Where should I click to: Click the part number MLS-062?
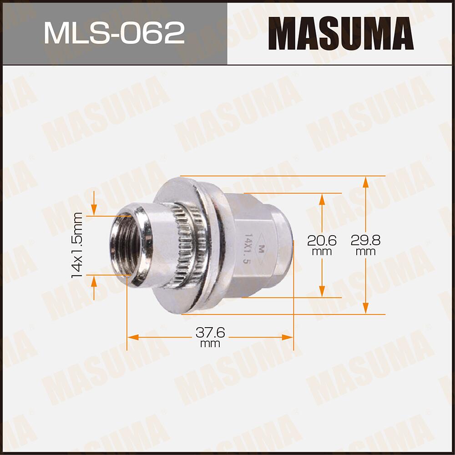click(114, 32)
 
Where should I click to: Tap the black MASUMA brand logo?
click(340, 33)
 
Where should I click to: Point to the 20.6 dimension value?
click(322, 240)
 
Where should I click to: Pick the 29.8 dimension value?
click(365, 240)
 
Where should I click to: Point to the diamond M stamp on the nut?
click(261, 248)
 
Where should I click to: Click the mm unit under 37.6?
click(210, 344)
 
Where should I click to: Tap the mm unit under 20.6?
click(322, 252)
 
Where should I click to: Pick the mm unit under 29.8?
click(365, 252)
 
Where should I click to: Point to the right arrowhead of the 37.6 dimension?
click(288, 337)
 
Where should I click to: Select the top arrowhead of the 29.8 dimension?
click(365, 181)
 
